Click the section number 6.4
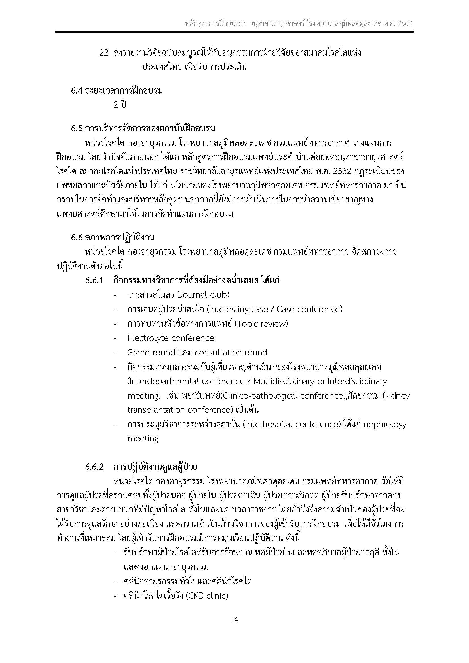77,91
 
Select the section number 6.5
77,128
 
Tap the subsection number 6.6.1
94,280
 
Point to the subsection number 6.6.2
94,467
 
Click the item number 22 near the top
103,53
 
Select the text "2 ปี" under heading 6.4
120,105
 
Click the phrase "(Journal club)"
203,295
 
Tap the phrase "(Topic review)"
261,324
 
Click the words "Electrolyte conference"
171,338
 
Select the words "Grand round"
151,353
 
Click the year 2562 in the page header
405,24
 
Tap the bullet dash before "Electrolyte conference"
115,338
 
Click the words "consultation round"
231,353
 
